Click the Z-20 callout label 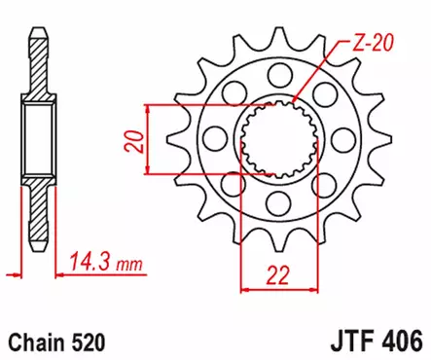point(374,43)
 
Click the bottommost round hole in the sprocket point(274,202)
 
